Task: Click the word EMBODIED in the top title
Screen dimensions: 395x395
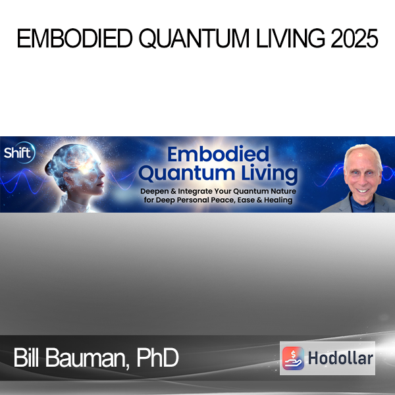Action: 74,38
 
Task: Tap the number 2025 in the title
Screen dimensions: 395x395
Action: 354,38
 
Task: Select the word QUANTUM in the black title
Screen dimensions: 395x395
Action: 194,39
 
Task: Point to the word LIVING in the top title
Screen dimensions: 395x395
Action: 290,38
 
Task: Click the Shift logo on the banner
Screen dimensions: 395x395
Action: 19,153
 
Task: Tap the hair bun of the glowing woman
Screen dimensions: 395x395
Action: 49,167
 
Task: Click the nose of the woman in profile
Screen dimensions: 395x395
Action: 103,172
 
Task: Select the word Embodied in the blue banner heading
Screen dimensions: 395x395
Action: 218,154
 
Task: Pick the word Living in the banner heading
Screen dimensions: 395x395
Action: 269,173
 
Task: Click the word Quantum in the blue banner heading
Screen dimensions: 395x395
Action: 187,173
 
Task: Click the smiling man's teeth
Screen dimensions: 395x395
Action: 363,191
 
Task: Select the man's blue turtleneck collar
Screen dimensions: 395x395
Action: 362,205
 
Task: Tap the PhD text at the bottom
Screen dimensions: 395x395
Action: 158,357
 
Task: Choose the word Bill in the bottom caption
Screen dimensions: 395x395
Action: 26,357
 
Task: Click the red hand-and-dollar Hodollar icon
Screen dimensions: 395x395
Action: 293,358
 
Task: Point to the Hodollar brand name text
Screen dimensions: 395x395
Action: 340,358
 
